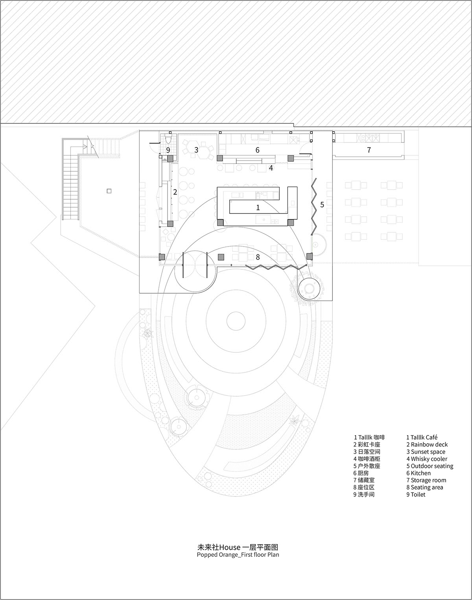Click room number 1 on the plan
pos(258,207)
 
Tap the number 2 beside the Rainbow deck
pos(175,192)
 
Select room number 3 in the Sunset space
pos(196,149)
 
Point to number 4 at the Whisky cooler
pos(271,168)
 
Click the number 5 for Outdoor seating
pos(322,204)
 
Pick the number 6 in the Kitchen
pos(258,150)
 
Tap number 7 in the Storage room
pos(369,150)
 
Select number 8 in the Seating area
pos(258,257)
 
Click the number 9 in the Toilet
pos(168,150)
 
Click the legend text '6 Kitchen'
pos(419,473)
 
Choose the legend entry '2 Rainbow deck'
pos(427,445)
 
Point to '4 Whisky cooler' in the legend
pos(427,459)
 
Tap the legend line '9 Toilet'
pos(416,495)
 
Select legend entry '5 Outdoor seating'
pos(430,466)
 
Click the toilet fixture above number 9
pos(168,140)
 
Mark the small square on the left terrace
pos(109,191)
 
